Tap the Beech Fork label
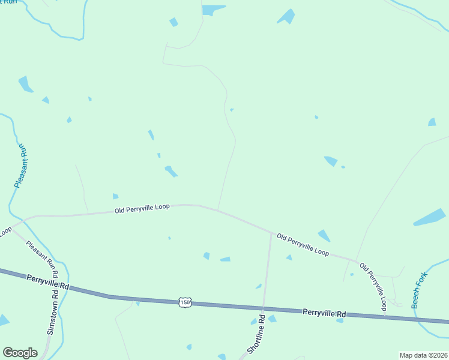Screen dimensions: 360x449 coord(418,290)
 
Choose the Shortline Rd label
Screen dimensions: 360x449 coord(255,335)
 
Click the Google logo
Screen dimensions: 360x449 coord(20,353)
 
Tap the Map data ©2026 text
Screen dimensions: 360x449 coord(423,355)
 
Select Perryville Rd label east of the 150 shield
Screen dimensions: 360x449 coord(324,313)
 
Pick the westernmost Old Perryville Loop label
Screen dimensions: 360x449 coord(142,208)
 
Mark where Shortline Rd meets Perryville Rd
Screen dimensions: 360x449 coord(264,308)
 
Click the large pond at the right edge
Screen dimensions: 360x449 coord(430,218)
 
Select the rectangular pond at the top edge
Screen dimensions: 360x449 coord(212,10)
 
